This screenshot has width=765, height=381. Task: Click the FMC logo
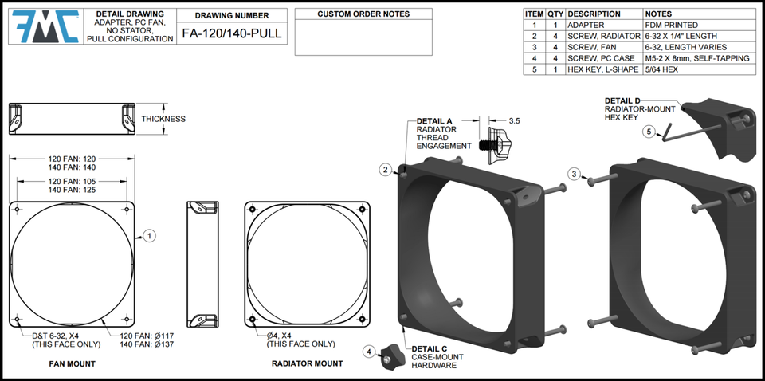[45, 27]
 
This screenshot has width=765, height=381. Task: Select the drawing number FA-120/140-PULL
[231, 33]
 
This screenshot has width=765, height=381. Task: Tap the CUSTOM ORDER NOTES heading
[363, 14]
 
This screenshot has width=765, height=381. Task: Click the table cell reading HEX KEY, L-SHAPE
[603, 69]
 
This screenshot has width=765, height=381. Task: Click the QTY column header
[555, 14]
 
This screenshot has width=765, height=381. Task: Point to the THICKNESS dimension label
[163, 119]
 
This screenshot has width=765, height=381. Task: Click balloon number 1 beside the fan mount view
[149, 235]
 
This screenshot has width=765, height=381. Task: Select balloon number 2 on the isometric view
[385, 170]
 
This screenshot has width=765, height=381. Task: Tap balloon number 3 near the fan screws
[574, 174]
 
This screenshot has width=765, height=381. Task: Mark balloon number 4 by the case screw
[370, 351]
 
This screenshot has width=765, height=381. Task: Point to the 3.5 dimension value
[514, 121]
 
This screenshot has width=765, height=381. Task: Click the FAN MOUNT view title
[67, 363]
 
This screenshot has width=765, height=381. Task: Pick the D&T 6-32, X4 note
[57, 336]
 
